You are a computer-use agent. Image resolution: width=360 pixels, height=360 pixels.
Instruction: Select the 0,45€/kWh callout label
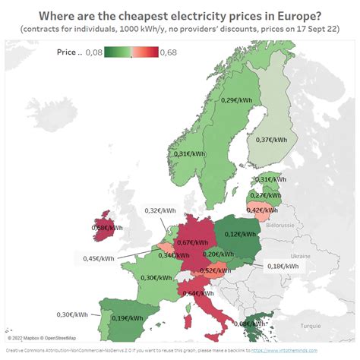pyautogui.click(x=99, y=258)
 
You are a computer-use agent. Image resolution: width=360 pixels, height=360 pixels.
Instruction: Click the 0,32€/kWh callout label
pyautogui.click(x=160, y=210)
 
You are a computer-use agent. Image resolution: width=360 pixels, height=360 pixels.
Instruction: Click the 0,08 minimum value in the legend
pyautogui.click(x=94, y=52)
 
